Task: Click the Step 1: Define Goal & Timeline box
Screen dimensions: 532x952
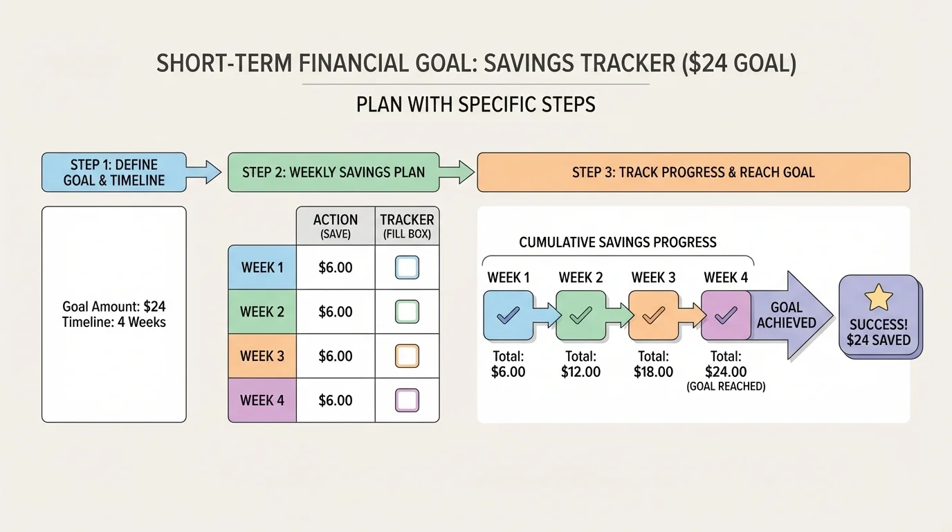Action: (114, 172)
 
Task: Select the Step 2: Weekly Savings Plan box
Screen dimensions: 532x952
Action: (333, 172)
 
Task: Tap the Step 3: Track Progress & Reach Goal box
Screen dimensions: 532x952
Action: (693, 172)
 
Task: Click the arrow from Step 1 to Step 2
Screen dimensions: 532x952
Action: (205, 172)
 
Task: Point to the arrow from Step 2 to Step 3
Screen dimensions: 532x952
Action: (457, 172)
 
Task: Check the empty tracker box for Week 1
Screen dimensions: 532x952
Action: (407, 267)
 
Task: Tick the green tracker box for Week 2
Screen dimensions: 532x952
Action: (407, 312)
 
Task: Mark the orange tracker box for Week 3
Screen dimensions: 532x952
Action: (407, 356)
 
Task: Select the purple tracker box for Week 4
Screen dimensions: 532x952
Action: (407, 400)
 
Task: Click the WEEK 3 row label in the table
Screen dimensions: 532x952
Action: (262, 356)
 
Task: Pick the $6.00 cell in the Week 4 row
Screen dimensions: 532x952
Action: (336, 400)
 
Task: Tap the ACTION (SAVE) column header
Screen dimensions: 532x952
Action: (336, 226)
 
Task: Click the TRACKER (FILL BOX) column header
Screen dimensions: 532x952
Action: (407, 226)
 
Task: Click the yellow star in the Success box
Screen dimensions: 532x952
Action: (879, 299)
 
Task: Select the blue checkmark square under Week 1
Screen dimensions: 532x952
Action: (509, 315)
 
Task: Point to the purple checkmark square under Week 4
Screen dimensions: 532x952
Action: (726, 315)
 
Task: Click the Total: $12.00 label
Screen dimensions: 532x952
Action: (580, 364)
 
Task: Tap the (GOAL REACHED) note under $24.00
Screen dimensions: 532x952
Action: (726, 387)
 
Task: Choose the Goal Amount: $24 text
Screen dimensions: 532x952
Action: (114, 306)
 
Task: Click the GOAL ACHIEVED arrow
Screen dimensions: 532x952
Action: (789, 315)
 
